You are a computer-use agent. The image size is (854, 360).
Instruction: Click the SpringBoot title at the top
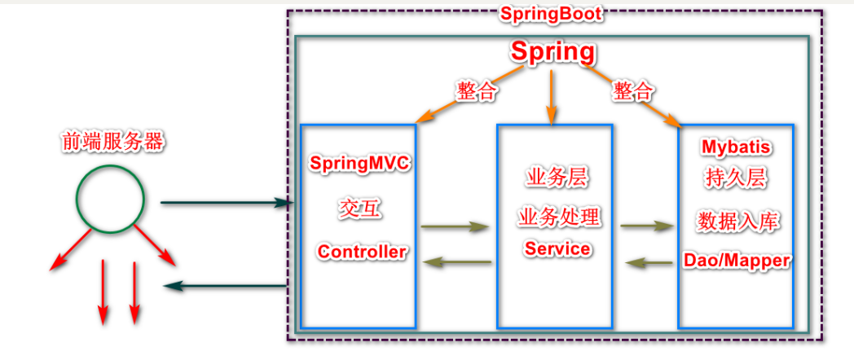click(552, 14)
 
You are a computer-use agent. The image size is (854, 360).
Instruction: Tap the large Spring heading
click(552, 52)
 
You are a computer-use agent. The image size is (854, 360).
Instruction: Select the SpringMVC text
click(360, 162)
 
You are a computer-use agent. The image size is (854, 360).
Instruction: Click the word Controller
click(362, 252)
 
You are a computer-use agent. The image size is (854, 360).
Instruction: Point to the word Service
click(558, 248)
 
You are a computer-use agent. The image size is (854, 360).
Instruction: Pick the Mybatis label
click(737, 148)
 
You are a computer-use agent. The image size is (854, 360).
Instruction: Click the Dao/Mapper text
click(737, 261)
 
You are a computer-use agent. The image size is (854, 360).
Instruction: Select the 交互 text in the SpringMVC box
click(360, 209)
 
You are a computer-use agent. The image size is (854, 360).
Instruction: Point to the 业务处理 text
click(558, 217)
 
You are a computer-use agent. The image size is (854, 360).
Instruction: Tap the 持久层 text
click(737, 178)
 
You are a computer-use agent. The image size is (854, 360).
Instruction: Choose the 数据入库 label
click(737, 221)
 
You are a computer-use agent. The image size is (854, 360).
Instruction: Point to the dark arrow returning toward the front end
click(225, 285)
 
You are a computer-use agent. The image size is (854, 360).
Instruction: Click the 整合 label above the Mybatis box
click(632, 91)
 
